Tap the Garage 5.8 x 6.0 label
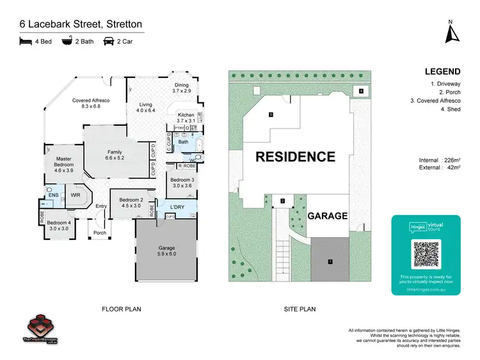166,251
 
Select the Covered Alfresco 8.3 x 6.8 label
91,104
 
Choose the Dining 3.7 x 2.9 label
182,88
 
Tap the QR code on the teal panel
426,254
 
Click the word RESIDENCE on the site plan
295,157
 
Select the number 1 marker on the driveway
330,261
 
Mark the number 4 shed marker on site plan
361,91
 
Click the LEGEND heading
441,72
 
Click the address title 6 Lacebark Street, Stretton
81,24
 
